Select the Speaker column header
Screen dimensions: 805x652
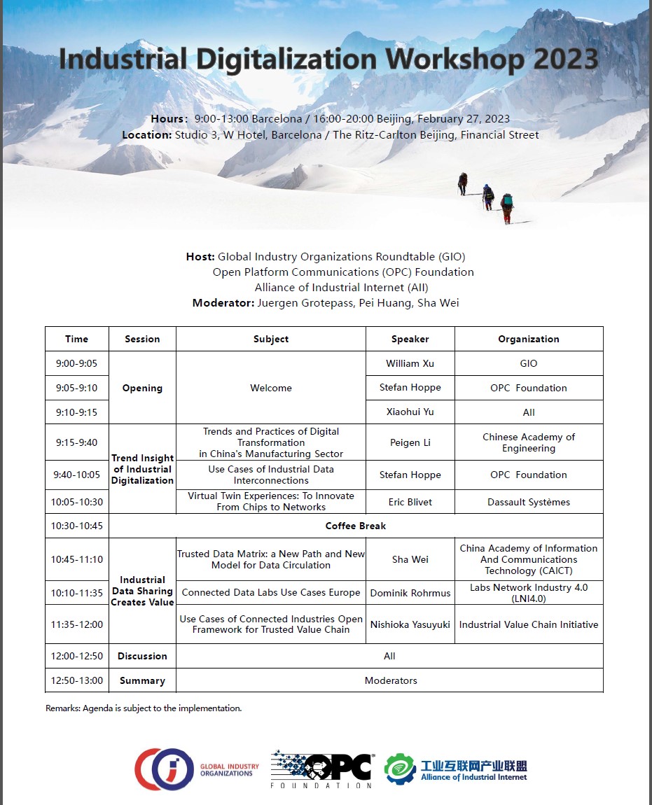pyautogui.click(x=410, y=339)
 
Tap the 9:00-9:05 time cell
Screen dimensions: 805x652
pyautogui.click(x=76, y=363)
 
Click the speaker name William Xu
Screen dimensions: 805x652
pyautogui.click(x=410, y=363)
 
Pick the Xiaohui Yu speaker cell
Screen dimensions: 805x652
pyautogui.click(x=410, y=412)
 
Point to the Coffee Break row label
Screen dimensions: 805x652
pyautogui.click(x=356, y=526)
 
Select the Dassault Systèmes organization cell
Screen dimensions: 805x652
pyautogui.click(x=529, y=502)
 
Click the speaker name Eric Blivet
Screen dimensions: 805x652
pyautogui.click(x=410, y=502)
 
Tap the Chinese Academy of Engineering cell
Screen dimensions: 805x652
pyautogui.click(x=529, y=442)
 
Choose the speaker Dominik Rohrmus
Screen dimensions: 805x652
pyautogui.click(x=410, y=592)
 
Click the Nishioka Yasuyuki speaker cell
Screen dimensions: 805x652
pyautogui.click(x=410, y=624)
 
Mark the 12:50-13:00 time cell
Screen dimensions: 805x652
pyautogui.click(x=76, y=680)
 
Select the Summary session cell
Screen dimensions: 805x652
pyautogui.click(x=142, y=680)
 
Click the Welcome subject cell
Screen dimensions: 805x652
pyautogui.click(x=271, y=388)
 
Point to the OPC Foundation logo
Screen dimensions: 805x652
pyautogui.click(x=323, y=768)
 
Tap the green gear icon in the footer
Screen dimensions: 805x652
pyautogui.click(x=400, y=769)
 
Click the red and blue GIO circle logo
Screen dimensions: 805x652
pyautogui.click(x=163, y=769)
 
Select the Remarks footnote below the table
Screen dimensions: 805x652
pyautogui.click(x=144, y=708)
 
